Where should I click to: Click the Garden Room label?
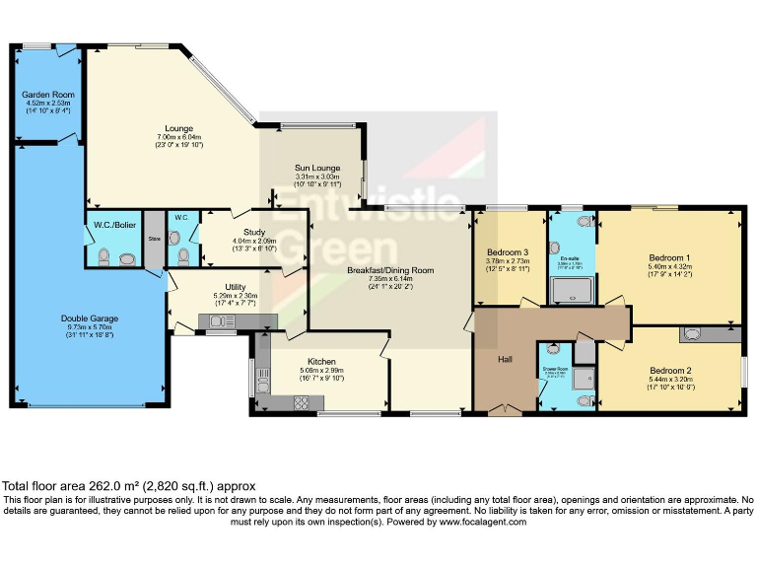(48, 95)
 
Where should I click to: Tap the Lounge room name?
(178, 128)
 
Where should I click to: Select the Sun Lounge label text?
(317, 169)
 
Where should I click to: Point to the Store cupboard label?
(154, 238)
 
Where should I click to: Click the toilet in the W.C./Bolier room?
(125, 259)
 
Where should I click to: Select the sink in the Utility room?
(217, 320)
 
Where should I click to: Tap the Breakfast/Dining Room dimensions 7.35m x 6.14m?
(389, 279)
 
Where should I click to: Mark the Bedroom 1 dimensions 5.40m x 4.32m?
(667, 266)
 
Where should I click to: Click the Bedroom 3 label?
(508, 252)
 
